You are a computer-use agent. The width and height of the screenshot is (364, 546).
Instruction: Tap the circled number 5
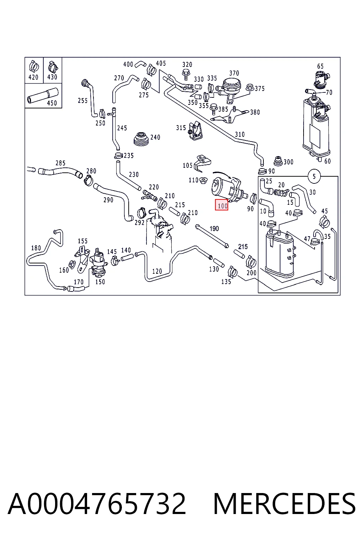tap(314, 176)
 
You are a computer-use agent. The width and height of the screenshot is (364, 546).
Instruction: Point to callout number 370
tap(234, 73)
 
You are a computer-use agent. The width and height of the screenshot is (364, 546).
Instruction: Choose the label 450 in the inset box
tap(52, 103)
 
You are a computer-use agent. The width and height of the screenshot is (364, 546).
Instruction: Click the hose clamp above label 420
tap(34, 66)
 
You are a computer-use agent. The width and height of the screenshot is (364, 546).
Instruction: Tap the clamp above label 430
tap(53, 66)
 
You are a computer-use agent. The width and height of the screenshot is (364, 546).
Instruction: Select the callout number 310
tap(240, 134)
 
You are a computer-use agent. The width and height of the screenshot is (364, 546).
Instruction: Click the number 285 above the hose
tap(60, 163)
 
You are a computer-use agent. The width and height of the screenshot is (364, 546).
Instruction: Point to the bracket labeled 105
tap(202, 163)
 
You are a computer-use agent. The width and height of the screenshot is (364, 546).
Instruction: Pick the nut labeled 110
tap(203, 181)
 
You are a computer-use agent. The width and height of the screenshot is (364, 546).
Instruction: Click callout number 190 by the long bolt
tap(214, 229)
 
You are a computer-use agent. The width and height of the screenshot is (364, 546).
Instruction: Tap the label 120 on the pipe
tap(157, 271)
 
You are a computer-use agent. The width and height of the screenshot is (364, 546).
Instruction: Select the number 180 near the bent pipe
tap(36, 248)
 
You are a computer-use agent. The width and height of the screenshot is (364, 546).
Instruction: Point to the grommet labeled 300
tap(278, 161)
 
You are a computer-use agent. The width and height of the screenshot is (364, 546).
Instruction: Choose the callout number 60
tap(327, 161)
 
